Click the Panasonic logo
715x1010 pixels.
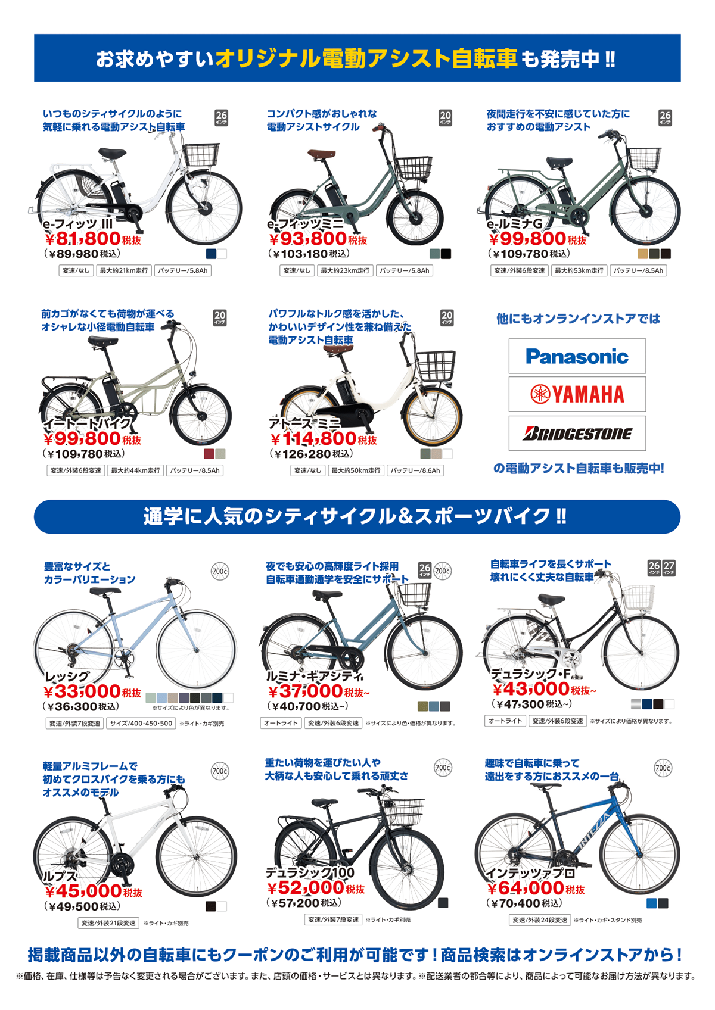coord(577,356)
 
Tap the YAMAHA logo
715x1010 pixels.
coord(577,394)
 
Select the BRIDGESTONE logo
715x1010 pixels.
coord(577,434)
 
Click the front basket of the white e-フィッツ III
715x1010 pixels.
coord(201,155)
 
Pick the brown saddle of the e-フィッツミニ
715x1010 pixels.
coord(321,154)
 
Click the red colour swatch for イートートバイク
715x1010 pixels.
coord(209,454)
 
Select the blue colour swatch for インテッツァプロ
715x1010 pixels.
coord(651,903)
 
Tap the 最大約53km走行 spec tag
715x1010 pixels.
coord(579,270)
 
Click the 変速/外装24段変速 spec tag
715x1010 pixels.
coord(540,920)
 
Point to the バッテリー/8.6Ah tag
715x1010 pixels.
coord(415,470)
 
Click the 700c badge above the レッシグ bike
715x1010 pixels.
coord(220,571)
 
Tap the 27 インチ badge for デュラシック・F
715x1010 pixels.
coord(670,568)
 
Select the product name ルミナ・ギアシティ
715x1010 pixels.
coord(315,676)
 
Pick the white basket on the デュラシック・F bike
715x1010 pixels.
coord(638,597)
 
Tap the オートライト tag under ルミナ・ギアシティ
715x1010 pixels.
coord(281,723)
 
